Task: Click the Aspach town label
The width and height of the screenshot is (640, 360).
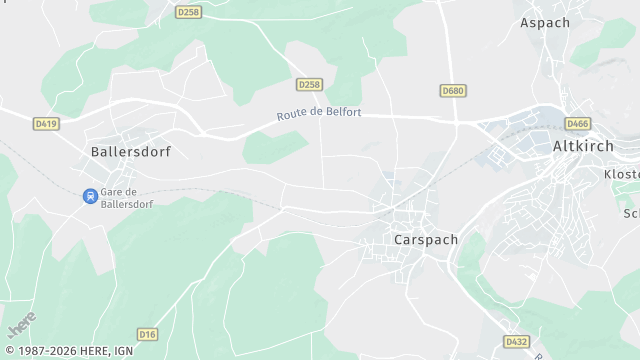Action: [x=545, y=22]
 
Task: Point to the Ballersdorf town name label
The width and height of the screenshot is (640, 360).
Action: [x=130, y=153]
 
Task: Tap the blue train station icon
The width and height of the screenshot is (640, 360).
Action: [x=90, y=196]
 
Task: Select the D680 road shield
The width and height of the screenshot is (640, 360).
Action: [x=453, y=91]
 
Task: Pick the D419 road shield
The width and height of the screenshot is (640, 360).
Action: [x=45, y=124]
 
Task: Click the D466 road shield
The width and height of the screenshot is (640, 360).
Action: [x=577, y=124]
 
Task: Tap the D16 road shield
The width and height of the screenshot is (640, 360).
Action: [x=148, y=334]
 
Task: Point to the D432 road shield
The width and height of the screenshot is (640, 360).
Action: [x=516, y=341]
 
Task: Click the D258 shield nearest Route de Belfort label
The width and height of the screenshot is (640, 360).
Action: [x=308, y=85]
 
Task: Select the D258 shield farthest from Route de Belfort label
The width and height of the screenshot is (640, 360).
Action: [x=187, y=12]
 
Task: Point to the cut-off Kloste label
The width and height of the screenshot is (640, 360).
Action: [x=621, y=174]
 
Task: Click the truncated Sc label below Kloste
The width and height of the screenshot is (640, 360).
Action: [x=631, y=213]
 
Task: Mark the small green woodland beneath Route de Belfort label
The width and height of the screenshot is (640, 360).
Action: [x=275, y=148]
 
